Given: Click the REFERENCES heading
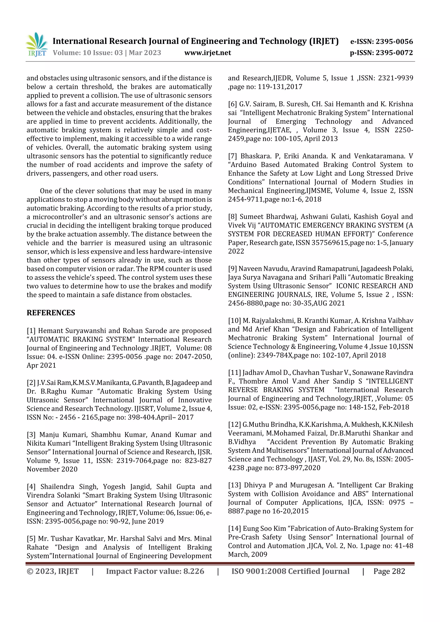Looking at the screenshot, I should (51, 313).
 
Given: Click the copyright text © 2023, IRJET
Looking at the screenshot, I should (53, 571).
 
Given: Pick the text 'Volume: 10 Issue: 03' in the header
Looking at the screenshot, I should (88, 53).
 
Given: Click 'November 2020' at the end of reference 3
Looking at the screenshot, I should (52, 470).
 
